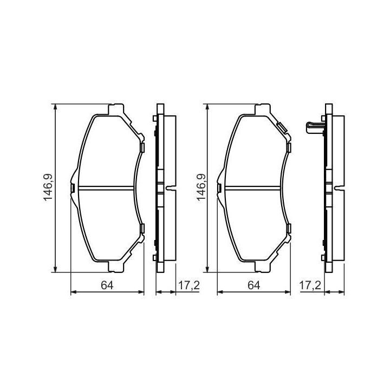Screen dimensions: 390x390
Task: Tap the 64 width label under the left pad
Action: pos(107,285)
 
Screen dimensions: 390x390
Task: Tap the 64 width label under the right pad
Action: pos(253,285)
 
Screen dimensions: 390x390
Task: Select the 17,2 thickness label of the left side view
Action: pos(189,285)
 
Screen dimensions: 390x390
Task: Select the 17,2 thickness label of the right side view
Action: pos(310,285)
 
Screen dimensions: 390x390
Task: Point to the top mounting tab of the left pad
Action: pos(116,110)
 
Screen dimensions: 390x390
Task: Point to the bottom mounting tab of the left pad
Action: pos(116,266)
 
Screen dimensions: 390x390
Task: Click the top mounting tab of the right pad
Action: pos(263,110)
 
